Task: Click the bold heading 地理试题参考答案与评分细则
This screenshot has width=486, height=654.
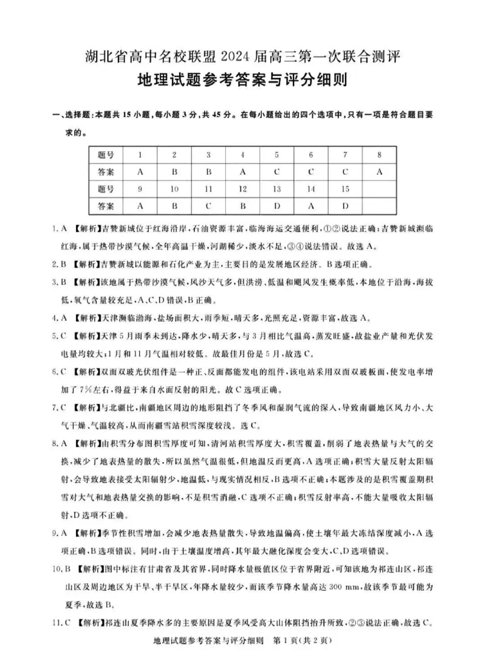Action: (243, 81)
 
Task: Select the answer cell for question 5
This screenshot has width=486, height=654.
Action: (276, 172)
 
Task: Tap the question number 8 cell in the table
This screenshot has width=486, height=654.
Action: (378, 155)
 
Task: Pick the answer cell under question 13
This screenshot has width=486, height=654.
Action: (276, 206)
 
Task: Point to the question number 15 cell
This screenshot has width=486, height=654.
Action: (344, 189)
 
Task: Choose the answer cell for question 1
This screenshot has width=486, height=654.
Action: (140, 172)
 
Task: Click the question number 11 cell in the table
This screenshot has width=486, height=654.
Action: (208, 189)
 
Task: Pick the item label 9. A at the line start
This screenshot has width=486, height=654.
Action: (58, 534)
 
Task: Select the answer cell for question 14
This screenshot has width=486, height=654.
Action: (310, 206)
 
